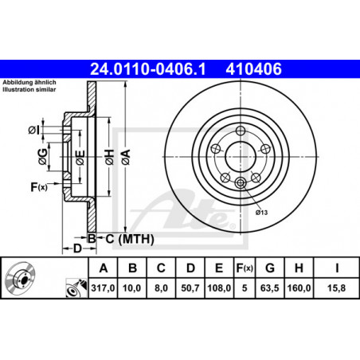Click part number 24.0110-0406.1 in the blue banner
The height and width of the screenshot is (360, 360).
click(x=148, y=69)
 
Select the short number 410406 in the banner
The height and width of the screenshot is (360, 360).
click(x=253, y=69)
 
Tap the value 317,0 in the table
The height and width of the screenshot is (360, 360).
click(x=103, y=288)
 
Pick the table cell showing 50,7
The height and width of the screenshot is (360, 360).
click(x=190, y=288)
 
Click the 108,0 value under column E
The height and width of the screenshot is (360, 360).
click(x=219, y=288)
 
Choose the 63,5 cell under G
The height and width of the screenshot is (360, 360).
click(x=270, y=288)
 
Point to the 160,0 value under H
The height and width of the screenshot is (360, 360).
click(x=299, y=288)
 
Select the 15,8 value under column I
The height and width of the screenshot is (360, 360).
click(x=336, y=288)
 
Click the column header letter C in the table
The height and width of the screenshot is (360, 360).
click(x=161, y=268)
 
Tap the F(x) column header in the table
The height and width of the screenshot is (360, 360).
click(x=245, y=268)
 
